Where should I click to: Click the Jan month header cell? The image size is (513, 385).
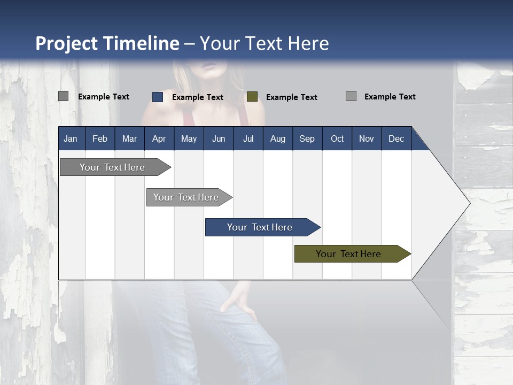71,138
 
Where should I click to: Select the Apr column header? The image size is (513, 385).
159,138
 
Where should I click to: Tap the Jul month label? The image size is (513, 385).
248,138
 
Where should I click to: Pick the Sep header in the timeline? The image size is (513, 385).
307,138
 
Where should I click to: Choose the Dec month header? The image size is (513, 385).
396,138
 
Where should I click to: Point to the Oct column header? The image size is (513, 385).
337,138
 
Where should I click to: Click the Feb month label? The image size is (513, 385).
100,138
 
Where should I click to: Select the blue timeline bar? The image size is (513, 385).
260,227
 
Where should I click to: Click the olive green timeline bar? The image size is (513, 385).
348,254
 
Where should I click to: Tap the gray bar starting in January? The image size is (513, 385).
112,167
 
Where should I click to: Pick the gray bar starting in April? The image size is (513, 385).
186,197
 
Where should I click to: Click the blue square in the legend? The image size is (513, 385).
158,97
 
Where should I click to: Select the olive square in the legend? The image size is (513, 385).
252,97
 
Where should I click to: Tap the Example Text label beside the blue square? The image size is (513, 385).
198,97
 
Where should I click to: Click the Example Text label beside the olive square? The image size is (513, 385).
292,97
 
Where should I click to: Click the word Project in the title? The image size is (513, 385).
67,43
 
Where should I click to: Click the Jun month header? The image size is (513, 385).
219,138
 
